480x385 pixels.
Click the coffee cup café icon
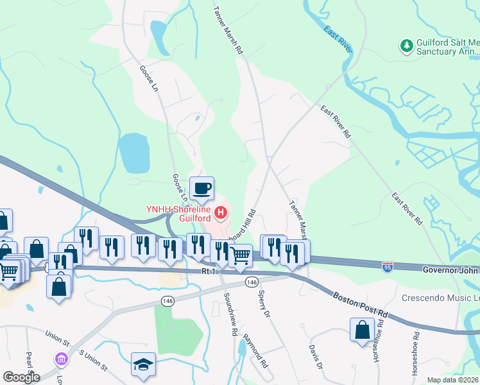[x=203, y=188]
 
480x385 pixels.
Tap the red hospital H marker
[x=221, y=211]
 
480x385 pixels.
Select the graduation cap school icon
[x=143, y=364]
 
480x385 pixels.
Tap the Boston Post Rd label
[x=361, y=305]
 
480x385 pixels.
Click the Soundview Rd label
[x=230, y=315]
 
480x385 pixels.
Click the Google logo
[x=21, y=377]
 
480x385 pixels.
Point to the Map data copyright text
[x=452, y=380]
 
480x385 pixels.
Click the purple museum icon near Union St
[x=62, y=358]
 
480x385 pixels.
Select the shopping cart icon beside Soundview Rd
[x=241, y=255]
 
